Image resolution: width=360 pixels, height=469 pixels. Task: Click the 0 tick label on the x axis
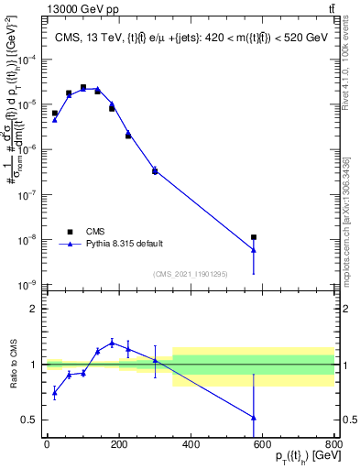pyautogui.click(x=47, y=443)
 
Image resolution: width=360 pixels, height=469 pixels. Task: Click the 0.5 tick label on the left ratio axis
pyautogui.click(x=30, y=420)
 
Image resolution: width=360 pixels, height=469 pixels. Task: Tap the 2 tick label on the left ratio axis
pyautogui.click(x=35, y=309)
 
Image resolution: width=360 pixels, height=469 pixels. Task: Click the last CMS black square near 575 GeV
pyautogui.click(x=254, y=237)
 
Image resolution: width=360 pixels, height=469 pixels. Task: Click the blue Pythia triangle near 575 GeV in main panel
pyautogui.click(x=254, y=250)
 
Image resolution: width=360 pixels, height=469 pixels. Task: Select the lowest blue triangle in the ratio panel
pyautogui.click(x=254, y=418)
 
